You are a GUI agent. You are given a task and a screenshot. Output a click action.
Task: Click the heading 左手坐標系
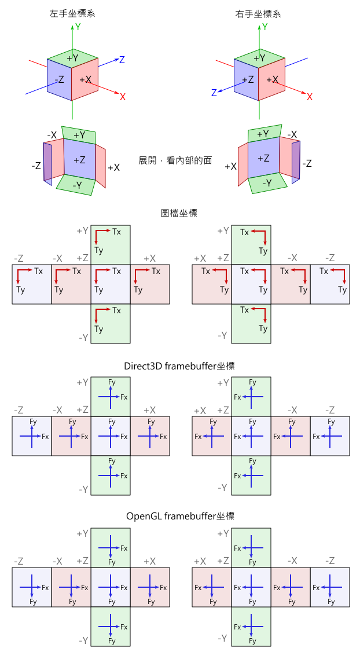[x=72, y=13]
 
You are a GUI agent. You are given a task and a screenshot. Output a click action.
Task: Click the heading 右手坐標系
[x=258, y=13]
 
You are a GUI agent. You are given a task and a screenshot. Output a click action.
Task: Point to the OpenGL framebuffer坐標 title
[x=180, y=515]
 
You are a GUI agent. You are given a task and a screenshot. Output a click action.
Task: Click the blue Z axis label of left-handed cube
[x=122, y=59]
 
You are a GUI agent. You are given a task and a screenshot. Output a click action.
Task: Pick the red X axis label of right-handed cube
[x=310, y=97]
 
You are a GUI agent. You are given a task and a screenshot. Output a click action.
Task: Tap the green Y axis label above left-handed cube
[x=78, y=26]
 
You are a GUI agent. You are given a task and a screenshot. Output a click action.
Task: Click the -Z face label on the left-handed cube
[x=59, y=80]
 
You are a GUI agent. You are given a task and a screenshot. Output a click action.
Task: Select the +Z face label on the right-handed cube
[x=248, y=80]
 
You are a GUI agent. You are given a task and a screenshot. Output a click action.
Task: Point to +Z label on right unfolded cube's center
[x=264, y=158]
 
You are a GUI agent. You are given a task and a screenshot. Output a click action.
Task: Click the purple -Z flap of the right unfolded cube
[x=296, y=162]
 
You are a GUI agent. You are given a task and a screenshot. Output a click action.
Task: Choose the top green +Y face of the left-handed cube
[x=72, y=58]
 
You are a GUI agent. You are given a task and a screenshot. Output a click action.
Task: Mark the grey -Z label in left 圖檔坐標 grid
[x=19, y=258]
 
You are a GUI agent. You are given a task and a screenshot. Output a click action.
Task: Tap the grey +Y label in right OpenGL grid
[x=223, y=533]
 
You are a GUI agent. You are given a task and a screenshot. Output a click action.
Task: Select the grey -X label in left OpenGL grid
[x=57, y=561]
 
